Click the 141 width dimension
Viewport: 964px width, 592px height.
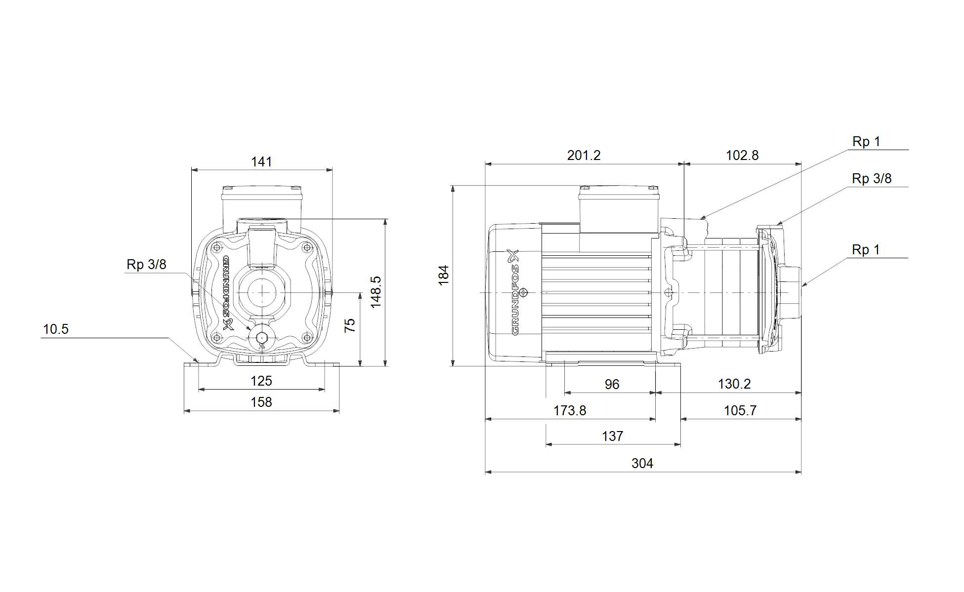coord(261,162)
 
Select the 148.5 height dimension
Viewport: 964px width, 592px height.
coord(376,292)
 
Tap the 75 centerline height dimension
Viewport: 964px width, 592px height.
coord(350,325)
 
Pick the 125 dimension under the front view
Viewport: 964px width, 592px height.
coord(261,381)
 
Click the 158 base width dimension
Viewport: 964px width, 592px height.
coord(261,402)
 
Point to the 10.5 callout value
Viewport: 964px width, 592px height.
coord(56,329)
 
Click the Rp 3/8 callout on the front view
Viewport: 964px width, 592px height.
coord(146,265)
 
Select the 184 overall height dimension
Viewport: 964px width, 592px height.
coord(444,275)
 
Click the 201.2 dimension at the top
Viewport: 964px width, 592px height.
coord(584,156)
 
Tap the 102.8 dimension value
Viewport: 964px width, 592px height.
coord(742,156)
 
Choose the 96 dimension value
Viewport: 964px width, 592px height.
coord(612,385)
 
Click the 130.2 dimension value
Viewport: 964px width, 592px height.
coord(734,384)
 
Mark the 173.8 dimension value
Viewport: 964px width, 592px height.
coord(570,411)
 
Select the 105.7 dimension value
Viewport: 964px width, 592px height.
coord(740,411)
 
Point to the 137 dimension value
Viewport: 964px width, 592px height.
coord(613,436)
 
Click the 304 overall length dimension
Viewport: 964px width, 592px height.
coord(642,464)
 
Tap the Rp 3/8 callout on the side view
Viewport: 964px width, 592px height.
coord(872,179)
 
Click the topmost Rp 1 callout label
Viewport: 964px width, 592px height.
coord(866,142)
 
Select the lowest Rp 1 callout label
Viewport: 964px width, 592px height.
coord(866,250)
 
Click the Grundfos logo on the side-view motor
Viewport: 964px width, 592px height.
coord(515,292)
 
